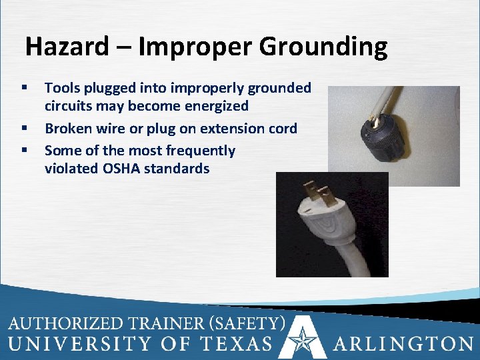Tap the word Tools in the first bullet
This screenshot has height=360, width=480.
[x=62, y=87]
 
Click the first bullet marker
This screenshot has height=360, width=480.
[x=24, y=88]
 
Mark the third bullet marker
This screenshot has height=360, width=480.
[x=24, y=151]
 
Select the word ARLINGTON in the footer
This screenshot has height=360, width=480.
[x=403, y=343]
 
